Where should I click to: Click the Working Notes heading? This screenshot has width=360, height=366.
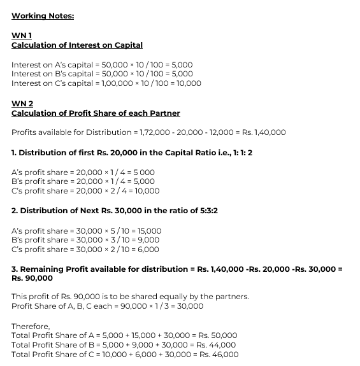(43, 15)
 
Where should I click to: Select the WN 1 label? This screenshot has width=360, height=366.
(21, 36)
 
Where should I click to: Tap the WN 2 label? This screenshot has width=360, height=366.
(22, 103)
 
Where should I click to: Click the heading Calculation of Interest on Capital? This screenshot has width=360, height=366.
(77, 45)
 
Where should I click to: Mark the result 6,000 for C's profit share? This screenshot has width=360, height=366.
(147, 250)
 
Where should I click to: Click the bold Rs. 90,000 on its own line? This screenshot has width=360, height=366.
(32, 278)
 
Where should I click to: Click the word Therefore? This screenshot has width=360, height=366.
(31, 326)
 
